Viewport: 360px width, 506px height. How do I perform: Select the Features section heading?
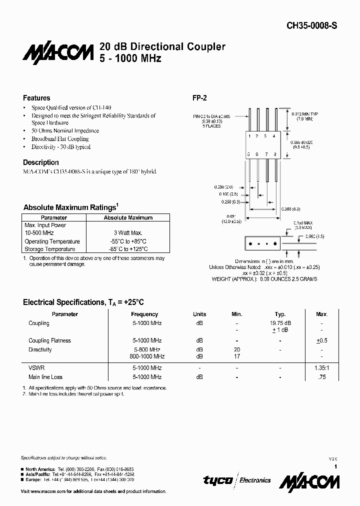36,98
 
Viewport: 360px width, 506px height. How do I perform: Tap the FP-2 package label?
200,98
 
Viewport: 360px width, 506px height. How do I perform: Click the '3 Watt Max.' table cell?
128,233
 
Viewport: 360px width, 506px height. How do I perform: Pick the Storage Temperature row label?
50,249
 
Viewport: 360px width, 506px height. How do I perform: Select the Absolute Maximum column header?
128,218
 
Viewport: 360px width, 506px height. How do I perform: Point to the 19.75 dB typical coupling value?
280,323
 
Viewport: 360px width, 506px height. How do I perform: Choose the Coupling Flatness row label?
50,340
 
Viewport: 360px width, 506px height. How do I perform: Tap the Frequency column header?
144,314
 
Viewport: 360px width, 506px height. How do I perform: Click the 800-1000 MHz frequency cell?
146,356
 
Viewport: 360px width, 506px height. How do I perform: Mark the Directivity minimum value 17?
237,356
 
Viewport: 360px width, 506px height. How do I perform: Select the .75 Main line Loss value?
321,377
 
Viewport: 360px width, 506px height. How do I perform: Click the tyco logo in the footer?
217,480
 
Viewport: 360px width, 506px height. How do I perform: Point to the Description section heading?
41,162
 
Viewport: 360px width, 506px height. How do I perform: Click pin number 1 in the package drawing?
249,136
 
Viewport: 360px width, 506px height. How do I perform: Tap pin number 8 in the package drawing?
275,154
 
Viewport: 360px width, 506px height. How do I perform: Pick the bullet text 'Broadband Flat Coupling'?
60,139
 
